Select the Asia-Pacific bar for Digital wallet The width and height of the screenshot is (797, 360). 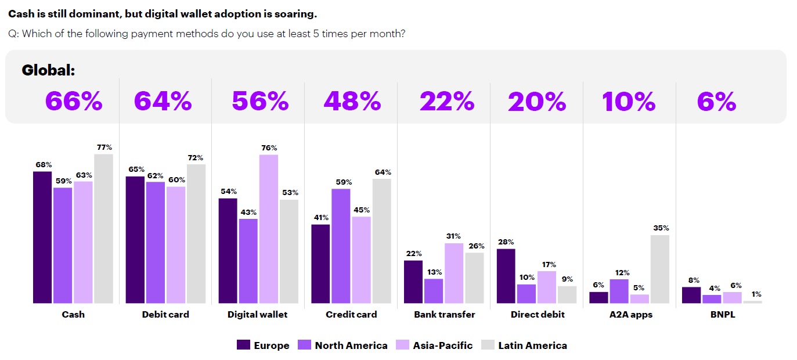(x=268, y=229)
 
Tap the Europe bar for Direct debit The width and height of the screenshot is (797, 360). (x=506, y=276)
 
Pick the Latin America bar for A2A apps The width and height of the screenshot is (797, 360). (x=660, y=269)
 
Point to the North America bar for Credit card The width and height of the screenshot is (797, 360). (x=341, y=246)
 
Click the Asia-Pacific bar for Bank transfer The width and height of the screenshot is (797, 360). (x=454, y=273)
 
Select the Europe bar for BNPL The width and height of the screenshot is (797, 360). (x=691, y=295)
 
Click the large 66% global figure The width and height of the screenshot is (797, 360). (x=74, y=101)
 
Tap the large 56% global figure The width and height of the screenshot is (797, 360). (x=260, y=101)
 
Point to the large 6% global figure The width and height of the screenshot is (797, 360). (x=716, y=101)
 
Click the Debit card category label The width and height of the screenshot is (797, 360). (x=165, y=314)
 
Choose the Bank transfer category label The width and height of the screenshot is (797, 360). (x=445, y=314)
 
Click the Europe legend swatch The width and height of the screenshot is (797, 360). (x=244, y=345)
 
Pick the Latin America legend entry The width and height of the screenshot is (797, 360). (x=525, y=345)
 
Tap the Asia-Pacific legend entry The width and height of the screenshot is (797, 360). (x=435, y=345)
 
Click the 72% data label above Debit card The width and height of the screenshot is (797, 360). (x=196, y=158)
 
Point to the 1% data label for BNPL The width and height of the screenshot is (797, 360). (x=756, y=294)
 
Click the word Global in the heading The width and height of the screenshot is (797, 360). (x=48, y=70)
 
